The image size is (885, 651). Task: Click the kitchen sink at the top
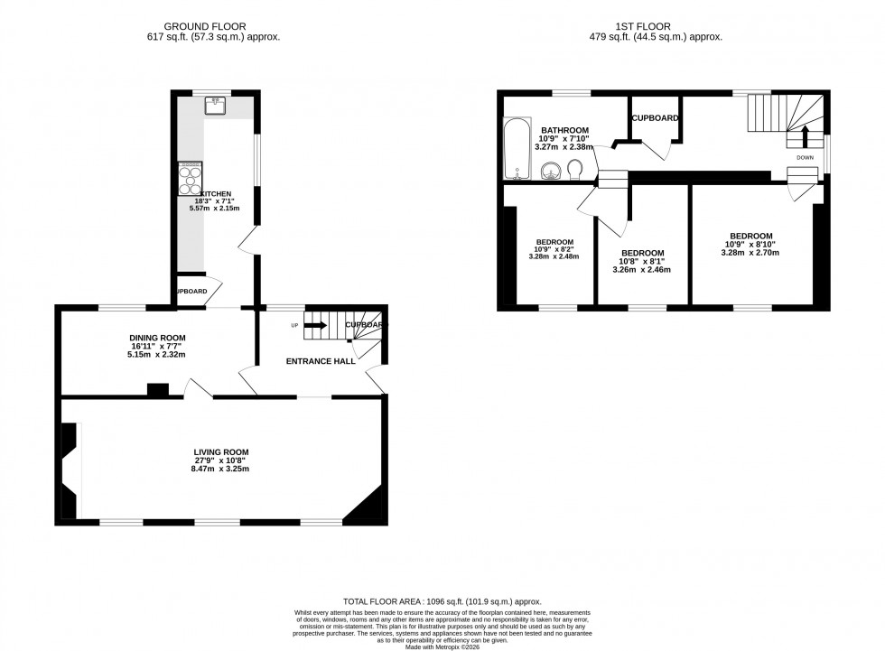pos(216,107)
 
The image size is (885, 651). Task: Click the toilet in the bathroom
pos(575,170)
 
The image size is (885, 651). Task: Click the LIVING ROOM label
pos(220,452)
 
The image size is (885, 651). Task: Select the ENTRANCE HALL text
pos(321,361)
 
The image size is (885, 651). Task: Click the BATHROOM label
pos(565,130)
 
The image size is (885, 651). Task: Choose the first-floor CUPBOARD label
pos(656,118)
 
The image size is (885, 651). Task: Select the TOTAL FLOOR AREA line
pos(442,601)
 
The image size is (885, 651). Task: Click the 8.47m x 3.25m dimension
pos(220,470)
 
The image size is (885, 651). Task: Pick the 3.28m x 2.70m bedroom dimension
pos(750,253)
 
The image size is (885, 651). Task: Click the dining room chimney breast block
pos(157,390)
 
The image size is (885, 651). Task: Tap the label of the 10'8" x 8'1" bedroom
pos(642,253)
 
